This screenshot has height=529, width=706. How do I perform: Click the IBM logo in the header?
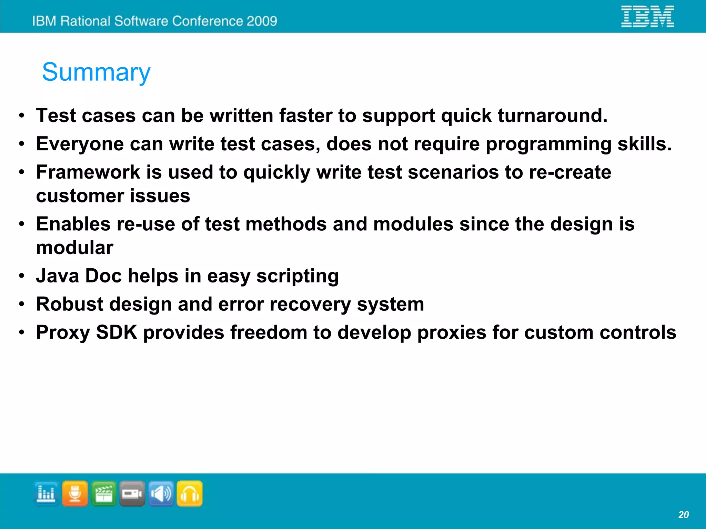(x=647, y=16)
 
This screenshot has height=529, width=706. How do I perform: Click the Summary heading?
(x=96, y=72)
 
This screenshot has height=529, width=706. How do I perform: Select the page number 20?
(x=683, y=515)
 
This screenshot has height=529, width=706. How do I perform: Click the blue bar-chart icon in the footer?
(x=46, y=493)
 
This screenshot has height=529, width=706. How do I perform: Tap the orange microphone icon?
(x=75, y=493)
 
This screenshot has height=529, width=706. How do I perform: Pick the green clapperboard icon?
(x=104, y=493)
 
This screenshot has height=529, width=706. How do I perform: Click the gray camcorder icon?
(x=132, y=493)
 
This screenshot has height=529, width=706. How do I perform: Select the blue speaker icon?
(x=161, y=493)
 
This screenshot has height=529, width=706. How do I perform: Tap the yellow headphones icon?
(x=190, y=493)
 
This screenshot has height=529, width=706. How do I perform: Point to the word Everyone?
(x=80, y=144)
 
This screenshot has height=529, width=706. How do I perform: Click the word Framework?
(x=88, y=172)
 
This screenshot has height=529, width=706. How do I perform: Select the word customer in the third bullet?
(x=80, y=196)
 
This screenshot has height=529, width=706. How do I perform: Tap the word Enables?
(x=73, y=224)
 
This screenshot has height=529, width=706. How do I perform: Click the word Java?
(x=58, y=276)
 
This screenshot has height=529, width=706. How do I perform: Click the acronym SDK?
(x=117, y=332)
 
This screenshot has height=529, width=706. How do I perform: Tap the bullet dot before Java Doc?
(x=22, y=276)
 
